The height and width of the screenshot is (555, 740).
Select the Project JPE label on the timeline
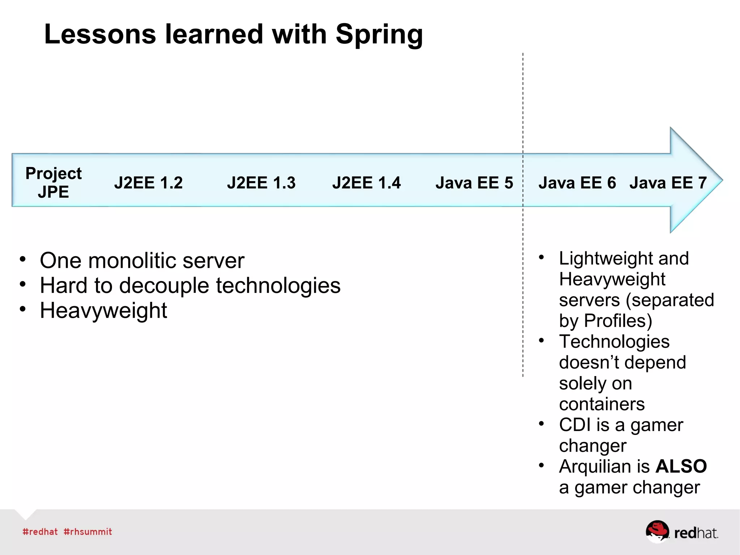[53, 183]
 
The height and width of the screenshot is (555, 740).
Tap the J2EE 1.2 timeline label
[149, 183]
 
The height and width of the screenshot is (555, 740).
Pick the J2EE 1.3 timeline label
[261, 183]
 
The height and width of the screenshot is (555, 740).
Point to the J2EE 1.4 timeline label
[366, 183]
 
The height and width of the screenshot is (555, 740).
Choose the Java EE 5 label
[474, 183]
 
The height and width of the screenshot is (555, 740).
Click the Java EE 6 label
[577, 183]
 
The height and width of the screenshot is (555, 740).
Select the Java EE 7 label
[668, 183]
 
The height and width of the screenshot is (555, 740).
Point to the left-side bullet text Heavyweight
[103, 311]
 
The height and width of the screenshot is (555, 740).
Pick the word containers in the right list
[602, 404]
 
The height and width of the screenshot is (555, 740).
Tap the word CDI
[575, 425]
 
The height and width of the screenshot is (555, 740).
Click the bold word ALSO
[681, 466]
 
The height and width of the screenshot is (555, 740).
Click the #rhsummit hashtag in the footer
[88, 532]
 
